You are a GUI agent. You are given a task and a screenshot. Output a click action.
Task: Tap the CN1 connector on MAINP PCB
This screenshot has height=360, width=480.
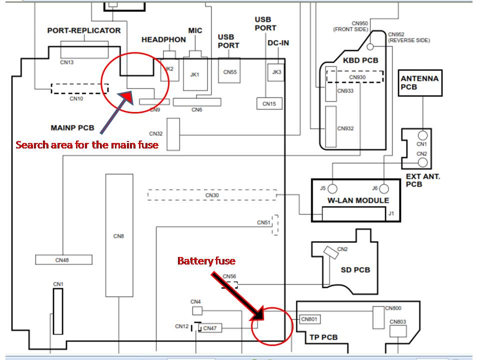[x=58, y=311]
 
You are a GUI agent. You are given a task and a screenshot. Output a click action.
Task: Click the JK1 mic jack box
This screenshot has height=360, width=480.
[x=195, y=74]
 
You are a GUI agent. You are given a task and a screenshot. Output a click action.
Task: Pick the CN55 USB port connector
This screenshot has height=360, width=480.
[x=229, y=70]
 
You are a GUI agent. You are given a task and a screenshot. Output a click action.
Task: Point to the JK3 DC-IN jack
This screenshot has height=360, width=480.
[x=276, y=72]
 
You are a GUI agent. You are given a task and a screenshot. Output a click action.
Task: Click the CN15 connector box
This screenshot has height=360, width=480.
[x=269, y=103]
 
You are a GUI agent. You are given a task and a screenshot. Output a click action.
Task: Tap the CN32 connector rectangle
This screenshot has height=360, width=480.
[x=173, y=134]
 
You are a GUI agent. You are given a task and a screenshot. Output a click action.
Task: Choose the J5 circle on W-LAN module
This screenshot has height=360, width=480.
[x=332, y=189]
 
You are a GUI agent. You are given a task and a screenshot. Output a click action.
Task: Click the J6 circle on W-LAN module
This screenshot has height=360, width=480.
[x=384, y=189]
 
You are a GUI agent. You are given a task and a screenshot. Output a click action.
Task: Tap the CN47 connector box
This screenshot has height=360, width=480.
[x=209, y=328]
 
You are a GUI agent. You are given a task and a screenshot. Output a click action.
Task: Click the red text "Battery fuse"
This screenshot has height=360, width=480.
[x=206, y=261]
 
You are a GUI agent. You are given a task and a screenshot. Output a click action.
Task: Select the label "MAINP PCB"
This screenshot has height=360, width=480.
[x=72, y=127]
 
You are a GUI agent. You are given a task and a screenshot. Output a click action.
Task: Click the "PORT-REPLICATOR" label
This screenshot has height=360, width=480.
[x=84, y=30]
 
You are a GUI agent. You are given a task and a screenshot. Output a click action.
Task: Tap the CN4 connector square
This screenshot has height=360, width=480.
[x=197, y=310]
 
